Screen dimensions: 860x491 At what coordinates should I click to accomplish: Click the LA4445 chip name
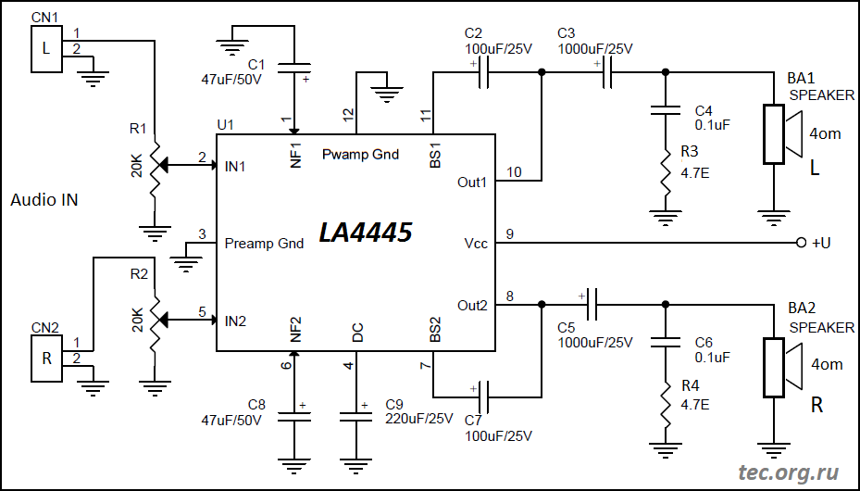[365, 233]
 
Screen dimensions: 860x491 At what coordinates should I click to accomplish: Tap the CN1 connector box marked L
[46, 48]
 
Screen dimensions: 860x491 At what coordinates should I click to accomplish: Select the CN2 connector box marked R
[46, 359]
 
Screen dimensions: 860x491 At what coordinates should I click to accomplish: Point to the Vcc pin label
[476, 244]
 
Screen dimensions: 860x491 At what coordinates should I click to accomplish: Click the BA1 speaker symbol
[783, 133]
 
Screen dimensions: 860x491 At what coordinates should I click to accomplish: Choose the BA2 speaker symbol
[783, 367]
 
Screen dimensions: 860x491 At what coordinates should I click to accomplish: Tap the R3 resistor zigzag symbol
[665, 171]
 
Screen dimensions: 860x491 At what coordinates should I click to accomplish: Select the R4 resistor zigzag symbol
[665, 404]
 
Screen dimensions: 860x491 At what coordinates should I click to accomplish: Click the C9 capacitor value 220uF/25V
[419, 419]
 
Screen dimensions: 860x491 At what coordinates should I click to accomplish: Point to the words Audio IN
[44, 200]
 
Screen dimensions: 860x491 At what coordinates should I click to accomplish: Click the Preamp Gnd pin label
[264, 244]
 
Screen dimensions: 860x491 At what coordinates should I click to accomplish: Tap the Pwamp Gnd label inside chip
[360, 154]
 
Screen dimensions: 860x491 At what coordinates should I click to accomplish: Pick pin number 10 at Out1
[515, 171]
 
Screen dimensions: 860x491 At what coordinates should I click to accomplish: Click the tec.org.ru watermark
[788, 472]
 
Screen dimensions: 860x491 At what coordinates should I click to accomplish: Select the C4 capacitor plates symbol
[665, 110]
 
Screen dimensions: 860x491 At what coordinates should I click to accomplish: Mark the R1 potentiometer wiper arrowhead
[164, 163]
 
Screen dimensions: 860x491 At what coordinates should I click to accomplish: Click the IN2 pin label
[235, 321]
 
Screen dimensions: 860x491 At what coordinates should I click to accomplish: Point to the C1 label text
[256, 65]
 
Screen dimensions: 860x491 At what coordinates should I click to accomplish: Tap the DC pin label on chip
[357, 333]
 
